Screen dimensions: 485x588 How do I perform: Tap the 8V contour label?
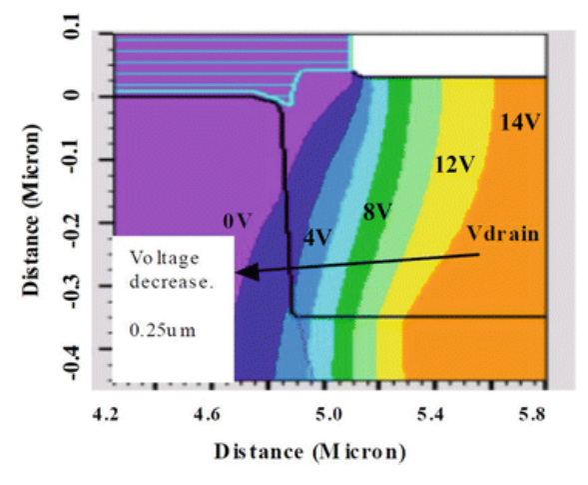tap(375, 210)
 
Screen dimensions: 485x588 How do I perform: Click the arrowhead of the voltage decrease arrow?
tap(241, 272)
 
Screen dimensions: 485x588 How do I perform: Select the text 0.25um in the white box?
tap(162, 327)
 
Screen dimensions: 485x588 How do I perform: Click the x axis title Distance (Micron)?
tap(310, 451)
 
